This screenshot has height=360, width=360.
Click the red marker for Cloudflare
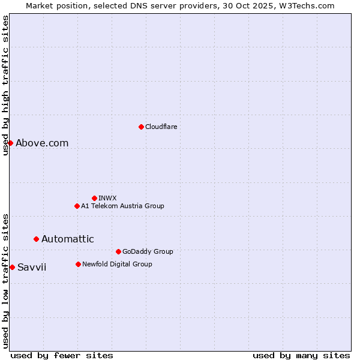coord(141,127)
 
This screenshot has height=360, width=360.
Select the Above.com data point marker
coord(10,143)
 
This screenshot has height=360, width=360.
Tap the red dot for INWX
coord(94,198)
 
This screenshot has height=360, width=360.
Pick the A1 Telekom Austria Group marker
coord(77,206)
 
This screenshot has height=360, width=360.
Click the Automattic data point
coord(36,239)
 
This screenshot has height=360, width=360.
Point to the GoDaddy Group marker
coord(118,251)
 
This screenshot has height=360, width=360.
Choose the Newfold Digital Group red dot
coord(78,264)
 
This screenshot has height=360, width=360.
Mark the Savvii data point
coord(12,267)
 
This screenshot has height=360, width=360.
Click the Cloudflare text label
coord(161,127)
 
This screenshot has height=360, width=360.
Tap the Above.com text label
coord(42,143)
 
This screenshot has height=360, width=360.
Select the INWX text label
coord(107,198)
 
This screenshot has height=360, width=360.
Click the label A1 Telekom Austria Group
coord(122,206)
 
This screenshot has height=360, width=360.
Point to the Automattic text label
coord(67,239)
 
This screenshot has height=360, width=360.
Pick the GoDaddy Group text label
coord(148,251)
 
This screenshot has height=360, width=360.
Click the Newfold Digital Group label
coord(117,264)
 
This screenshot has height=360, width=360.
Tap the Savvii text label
coord(32,267)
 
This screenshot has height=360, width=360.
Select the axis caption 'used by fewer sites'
coord(62,355)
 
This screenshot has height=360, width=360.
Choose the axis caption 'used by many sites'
coord(301,355)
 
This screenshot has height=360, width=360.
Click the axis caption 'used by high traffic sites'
coord(5,85)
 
